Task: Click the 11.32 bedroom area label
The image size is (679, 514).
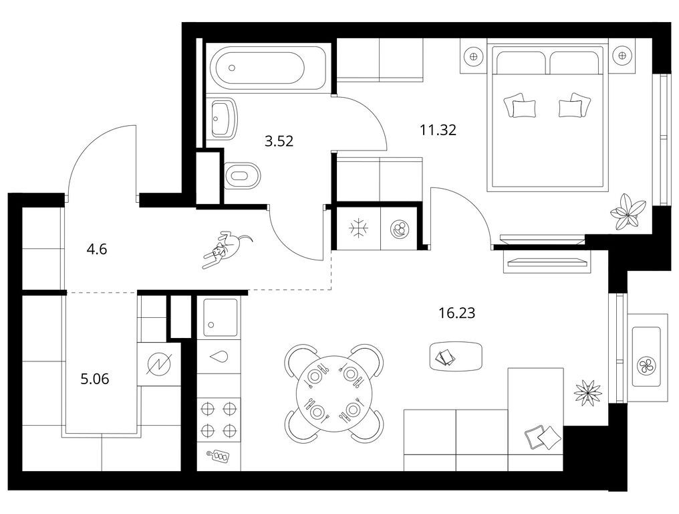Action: pyautogui.click(x=438, y=129)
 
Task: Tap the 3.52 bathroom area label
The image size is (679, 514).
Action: pyautogui.click(x=279, y=141)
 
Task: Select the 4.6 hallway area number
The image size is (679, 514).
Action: pyautogui.click(x=96, y=250)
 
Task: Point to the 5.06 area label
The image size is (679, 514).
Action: pyautogui.click(x=95, y=379)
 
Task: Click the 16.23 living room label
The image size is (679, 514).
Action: pyautogui.click(x=457, y=313)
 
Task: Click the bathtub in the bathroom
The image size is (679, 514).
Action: pyautogui.click(x=257, y=68)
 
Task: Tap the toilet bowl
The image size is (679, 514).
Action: pyautogui.click(x=243, y=175)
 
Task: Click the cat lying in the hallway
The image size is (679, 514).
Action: pyautogui.click(x=227, y=250)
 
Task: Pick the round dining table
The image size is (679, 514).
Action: pyautogui.click(x=334, y=394)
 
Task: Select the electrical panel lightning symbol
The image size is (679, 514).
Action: pyautogui.click(x=158, y=363)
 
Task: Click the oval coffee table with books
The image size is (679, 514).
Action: pyautogui.click(x=456, y=356)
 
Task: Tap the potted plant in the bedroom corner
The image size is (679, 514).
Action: pyautogui.click(x=626, y=211)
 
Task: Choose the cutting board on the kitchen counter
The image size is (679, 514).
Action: pyautogui.click(x=219, y=456)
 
